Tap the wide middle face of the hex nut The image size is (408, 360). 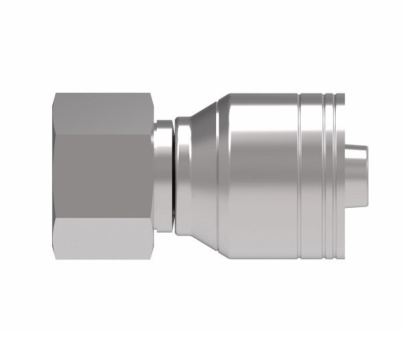[103, 176]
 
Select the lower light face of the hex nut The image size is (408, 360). [103, 237]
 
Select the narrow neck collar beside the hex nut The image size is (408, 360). [162, 176]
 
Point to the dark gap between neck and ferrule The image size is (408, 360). [173, 176]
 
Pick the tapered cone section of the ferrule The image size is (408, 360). [203, 176]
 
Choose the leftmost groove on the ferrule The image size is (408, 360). [300, 176]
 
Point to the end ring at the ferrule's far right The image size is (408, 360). [340, 176]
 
